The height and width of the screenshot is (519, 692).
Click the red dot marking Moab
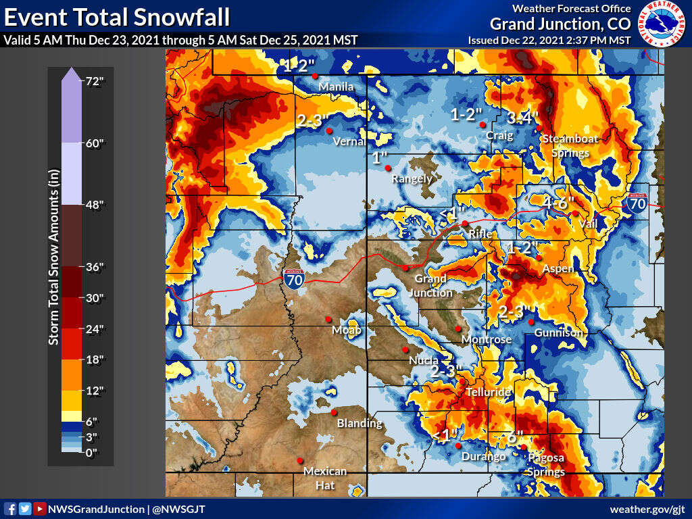[x=328, y=319]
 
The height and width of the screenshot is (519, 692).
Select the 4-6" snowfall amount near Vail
[x=558, y=201]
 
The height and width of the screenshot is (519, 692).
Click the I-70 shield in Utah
[x=293, y=278]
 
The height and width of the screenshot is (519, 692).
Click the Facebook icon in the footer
[x=10, y=509]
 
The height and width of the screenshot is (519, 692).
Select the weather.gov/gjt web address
[x=647, y=509]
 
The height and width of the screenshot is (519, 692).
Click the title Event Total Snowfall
[x=117, y=16]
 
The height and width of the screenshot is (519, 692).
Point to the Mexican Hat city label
[x=325, y=476]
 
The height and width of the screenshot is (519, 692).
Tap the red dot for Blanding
[x=334, y=412]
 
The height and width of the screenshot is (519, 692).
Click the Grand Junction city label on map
[x=430, y=285]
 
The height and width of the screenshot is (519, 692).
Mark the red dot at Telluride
[x=462, y=382]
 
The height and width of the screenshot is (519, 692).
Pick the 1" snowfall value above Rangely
[x=381, y=157]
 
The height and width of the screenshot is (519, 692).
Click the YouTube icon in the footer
[x=40, y=509]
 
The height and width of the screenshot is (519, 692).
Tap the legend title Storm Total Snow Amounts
[x=53, y=266]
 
